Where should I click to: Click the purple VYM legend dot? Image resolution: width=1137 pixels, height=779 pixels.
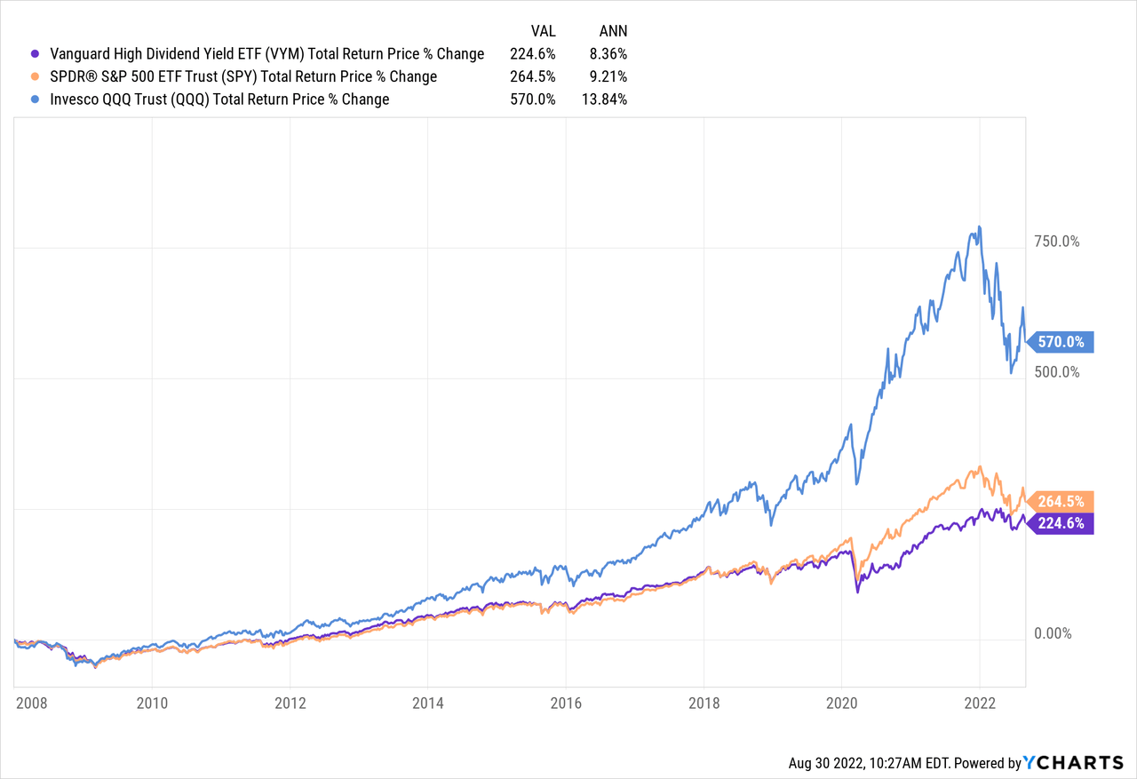pos(35,54)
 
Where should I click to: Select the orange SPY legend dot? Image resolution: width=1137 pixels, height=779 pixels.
pos(35,77)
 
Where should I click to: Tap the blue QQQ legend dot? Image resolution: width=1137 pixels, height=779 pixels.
pos(35,99)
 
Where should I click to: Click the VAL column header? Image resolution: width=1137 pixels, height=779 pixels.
pos(542,31)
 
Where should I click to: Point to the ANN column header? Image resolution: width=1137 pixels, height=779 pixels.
pos(612,31)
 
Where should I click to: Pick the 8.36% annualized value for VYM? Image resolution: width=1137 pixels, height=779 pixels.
pos(608,54)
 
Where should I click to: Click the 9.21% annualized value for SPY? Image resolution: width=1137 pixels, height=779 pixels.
pos(608,77)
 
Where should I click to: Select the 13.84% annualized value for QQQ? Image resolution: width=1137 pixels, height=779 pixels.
pos(604,99)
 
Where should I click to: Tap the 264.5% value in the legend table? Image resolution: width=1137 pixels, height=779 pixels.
pos(533,77)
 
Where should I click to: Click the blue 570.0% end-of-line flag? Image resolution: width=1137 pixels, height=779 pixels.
pos(1061,342)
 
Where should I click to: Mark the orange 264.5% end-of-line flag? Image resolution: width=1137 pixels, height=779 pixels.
pos(1061,501)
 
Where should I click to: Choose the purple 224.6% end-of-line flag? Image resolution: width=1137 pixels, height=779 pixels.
pos(1061,523)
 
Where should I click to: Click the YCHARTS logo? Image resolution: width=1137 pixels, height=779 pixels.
pos(1074,763)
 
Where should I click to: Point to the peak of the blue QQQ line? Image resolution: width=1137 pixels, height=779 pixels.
pos(979,227)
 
